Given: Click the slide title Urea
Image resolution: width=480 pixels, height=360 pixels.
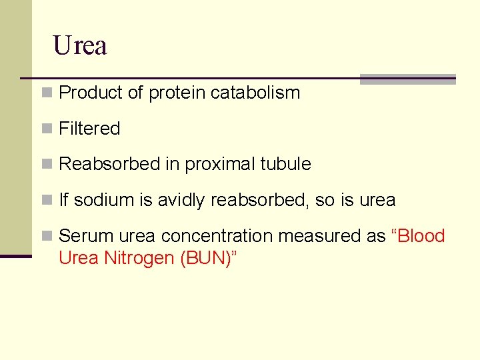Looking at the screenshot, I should (x=80, y=46).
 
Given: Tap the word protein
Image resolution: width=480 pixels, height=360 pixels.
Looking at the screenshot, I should (x=177, y=93).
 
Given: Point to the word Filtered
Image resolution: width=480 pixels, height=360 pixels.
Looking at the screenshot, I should (x=89, y=129).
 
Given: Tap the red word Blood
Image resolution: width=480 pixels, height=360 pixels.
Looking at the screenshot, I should (x=421, y=236).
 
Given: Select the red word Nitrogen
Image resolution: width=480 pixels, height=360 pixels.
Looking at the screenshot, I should (x=140, y=257).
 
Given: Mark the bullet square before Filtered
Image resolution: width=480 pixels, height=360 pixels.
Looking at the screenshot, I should (x=46, y=129).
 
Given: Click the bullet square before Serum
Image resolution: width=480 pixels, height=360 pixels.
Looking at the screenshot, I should (x=46, y=237).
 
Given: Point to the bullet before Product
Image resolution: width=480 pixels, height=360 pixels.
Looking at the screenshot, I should (x=46, y=93).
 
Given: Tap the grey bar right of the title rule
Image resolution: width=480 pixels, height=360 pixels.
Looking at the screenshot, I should (x=407, y=79).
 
